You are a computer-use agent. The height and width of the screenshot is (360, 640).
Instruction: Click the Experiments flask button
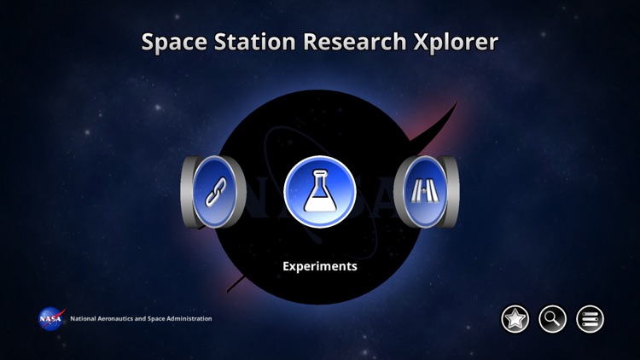[x=319, y=193]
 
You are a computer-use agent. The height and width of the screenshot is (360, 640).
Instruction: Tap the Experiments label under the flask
[x=319, y=266]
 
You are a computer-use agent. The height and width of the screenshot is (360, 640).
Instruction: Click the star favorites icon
[x=515, y=319]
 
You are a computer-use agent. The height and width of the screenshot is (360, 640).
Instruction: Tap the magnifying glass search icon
[x=552, y=319]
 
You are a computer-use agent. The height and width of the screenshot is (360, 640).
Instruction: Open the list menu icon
[x=590, y=319]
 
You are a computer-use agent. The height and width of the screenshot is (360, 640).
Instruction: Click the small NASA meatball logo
[x=49, y=318]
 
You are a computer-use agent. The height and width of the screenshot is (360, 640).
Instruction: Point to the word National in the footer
[x=84, y=319]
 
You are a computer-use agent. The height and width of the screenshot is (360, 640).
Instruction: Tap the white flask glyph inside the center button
[x=319, y=194]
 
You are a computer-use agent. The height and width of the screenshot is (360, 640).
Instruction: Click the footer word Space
[x=157, y=319]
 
